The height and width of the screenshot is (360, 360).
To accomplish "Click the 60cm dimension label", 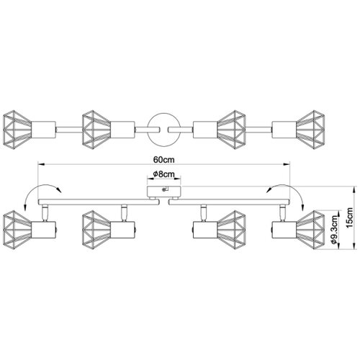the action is point(164,160).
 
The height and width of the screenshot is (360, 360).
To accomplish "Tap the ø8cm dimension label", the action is point(163,174).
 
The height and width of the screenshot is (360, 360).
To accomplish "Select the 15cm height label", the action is point(350,217).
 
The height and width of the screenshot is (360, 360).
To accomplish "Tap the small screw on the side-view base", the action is point(164,189).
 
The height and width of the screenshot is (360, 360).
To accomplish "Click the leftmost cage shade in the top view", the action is point(17,130).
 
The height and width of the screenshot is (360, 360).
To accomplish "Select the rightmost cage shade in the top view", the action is point(310,130).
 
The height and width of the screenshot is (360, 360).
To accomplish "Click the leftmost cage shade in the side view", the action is point(17,230).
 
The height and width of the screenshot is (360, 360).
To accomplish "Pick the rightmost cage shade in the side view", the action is point(310,230).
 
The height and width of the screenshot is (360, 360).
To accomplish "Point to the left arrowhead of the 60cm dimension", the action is point(42,164).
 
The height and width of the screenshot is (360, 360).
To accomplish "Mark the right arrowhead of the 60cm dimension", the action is point(287,164).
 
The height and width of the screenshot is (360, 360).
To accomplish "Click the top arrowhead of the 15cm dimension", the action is point(354,189).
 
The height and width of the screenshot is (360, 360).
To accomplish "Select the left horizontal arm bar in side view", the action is point(99,202).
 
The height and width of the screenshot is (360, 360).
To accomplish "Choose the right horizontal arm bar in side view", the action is point(229,202).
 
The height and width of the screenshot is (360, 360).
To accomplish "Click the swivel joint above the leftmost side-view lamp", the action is point(45,213).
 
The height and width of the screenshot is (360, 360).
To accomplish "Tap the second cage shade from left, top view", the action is point(96,130).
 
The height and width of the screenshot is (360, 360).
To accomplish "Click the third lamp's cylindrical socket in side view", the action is point(205,230).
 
